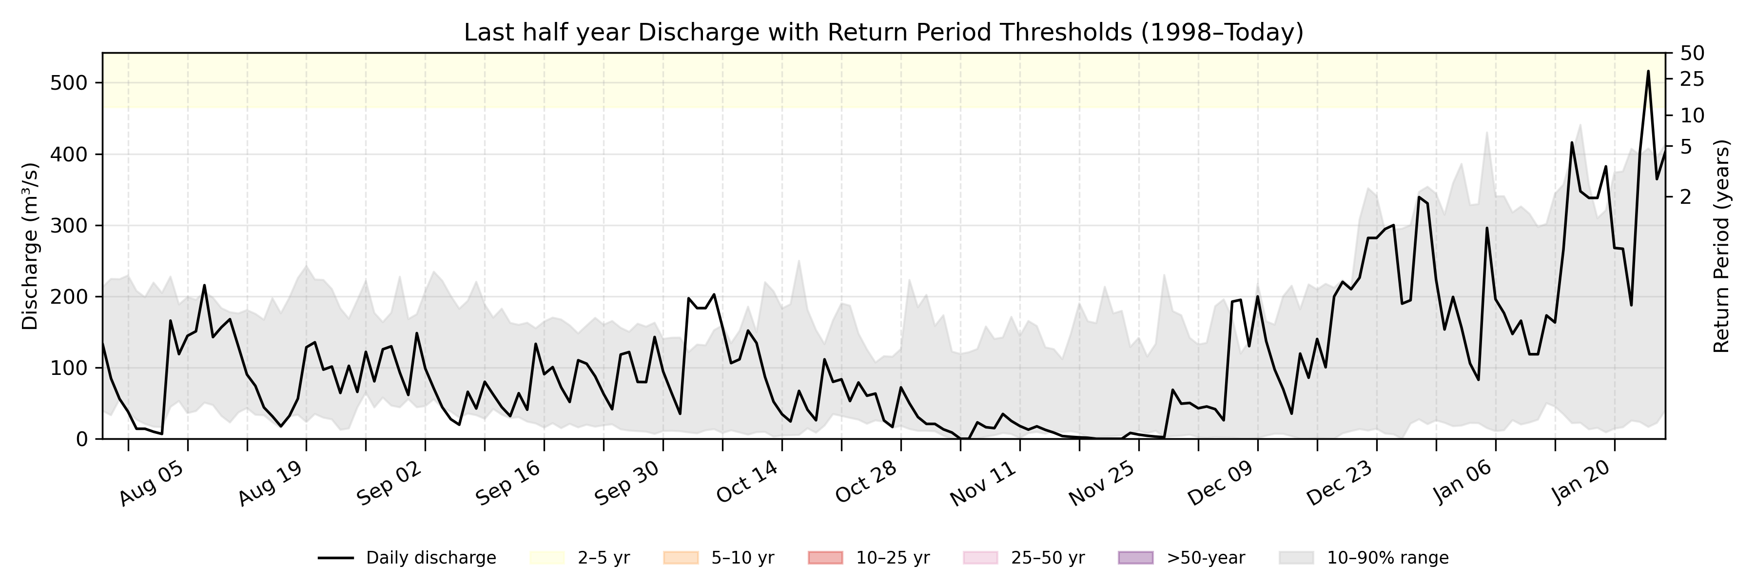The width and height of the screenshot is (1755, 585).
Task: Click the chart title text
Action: coord(884,33)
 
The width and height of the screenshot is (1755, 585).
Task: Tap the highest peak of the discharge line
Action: coord(1648,72)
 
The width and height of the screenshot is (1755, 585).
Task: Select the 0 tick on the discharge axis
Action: coord(82,439)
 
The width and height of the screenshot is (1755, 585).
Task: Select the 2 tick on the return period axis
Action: coord(1685,197)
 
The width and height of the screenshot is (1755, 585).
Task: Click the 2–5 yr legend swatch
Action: coord(547,558)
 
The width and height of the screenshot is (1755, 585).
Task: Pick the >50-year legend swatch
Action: coord(1136,558)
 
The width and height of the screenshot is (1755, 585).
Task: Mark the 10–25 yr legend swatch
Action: coord(825,558)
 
